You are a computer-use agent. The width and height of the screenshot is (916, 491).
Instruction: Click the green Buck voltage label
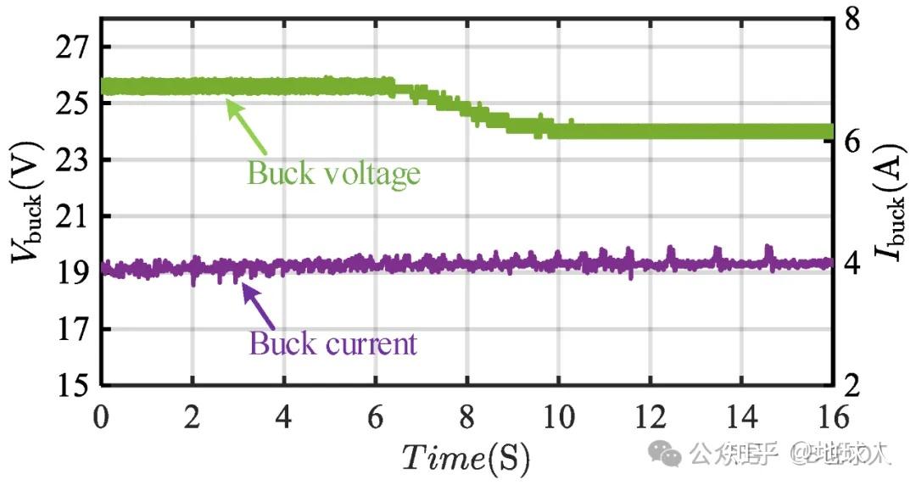[x=333, y=173]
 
